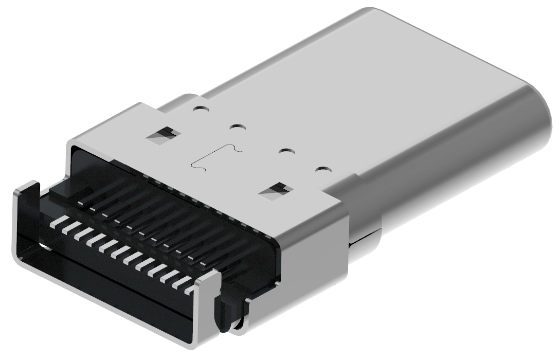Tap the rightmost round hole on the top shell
[322, 169]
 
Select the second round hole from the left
[237, 126]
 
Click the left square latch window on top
[164, 135]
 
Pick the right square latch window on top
[275, 191]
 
